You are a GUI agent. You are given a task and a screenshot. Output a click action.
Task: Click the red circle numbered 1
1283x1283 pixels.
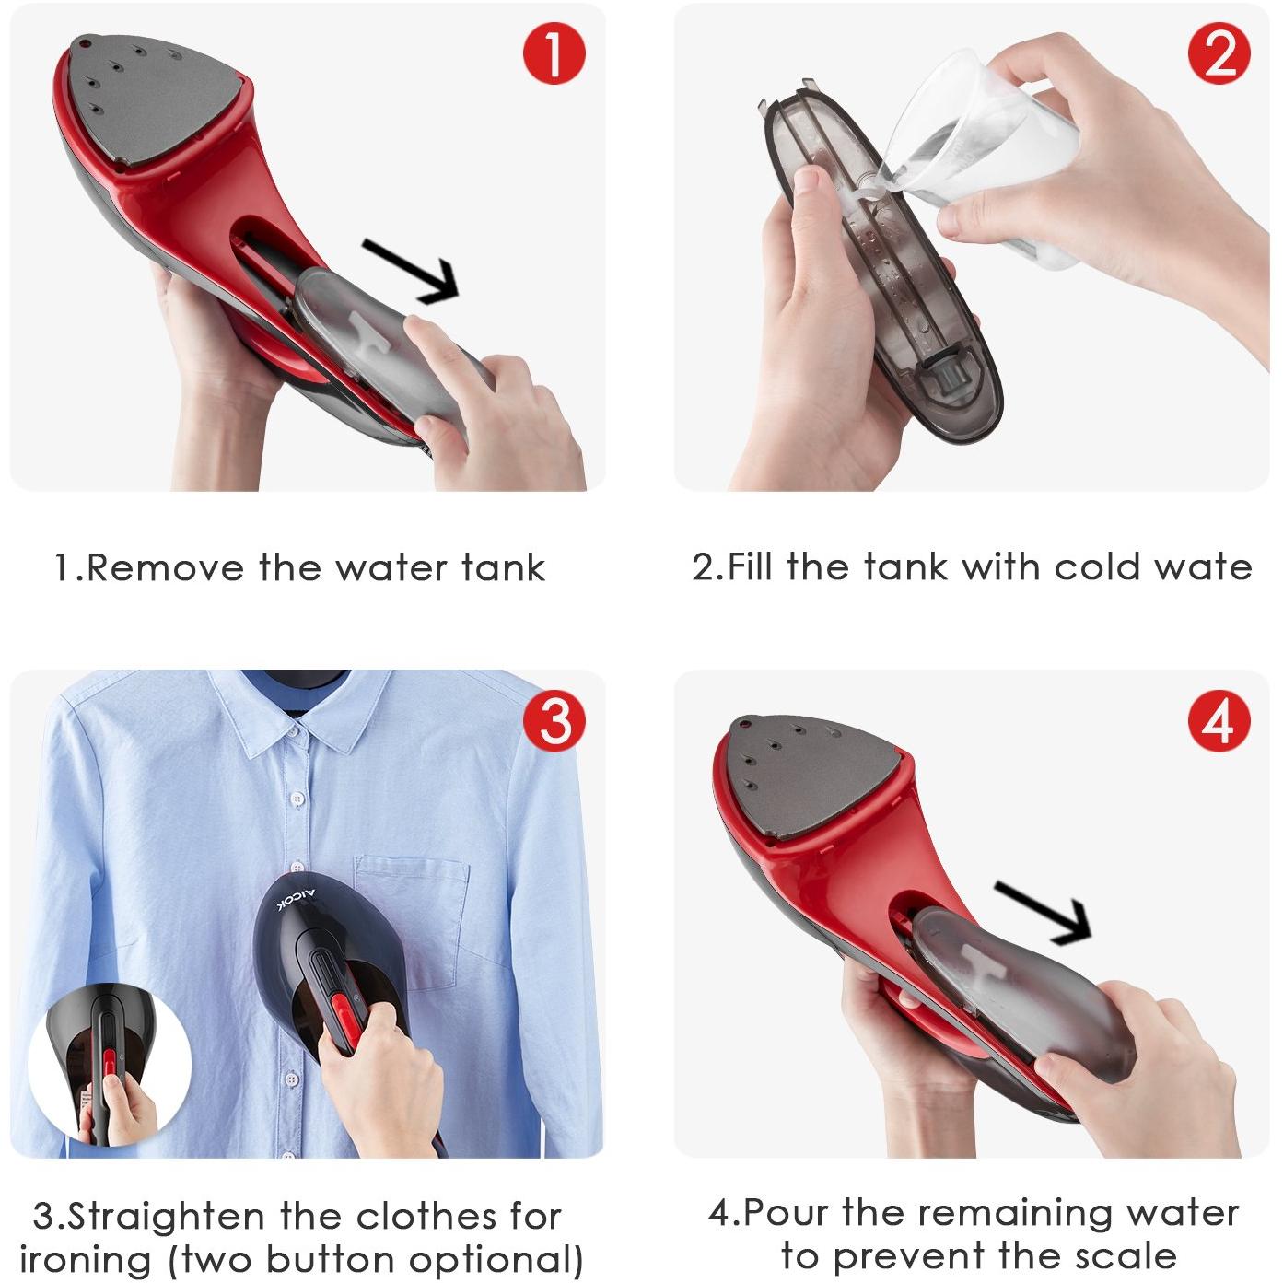coord(554,52)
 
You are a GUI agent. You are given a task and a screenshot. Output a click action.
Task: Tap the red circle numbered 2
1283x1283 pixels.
coord(1219,52)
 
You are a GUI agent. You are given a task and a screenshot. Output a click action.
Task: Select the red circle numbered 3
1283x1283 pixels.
coord(554,720)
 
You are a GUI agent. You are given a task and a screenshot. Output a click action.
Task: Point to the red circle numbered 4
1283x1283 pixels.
coord(1219,720)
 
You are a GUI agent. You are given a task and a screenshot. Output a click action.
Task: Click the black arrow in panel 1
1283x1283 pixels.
coord(412,272)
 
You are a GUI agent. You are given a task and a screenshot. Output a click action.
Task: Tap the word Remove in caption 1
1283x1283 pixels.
coord(165,568)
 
